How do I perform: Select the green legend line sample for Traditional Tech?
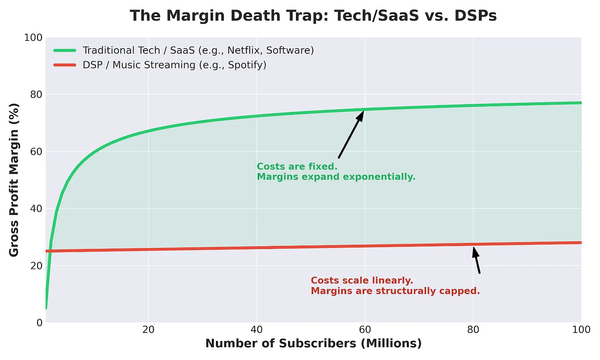point(65,50)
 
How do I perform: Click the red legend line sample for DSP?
point(65,65)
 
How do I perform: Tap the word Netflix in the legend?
point(245,50)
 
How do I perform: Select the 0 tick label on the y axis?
point(40,323)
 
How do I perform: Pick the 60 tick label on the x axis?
point(365,330)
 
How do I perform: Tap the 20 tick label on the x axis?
point(148,330)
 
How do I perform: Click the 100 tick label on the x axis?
point(581,330)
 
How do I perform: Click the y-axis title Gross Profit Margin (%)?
point(14,180)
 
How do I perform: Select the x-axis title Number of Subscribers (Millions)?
point(313,344)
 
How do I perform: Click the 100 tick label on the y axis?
point(33,37)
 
